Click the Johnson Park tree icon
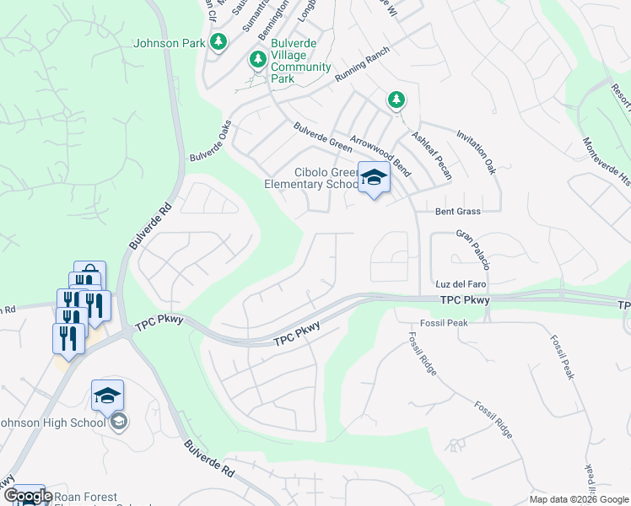click(218, 41)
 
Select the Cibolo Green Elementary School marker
click(375, 179)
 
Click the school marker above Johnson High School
click(108, 396)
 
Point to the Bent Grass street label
click(458, 212)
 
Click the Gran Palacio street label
click(473, 249)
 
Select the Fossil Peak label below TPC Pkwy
click(444, 323)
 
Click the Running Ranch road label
click(364, 64)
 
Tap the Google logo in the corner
click(28, 496)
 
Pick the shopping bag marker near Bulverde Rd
click(89, 277)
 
